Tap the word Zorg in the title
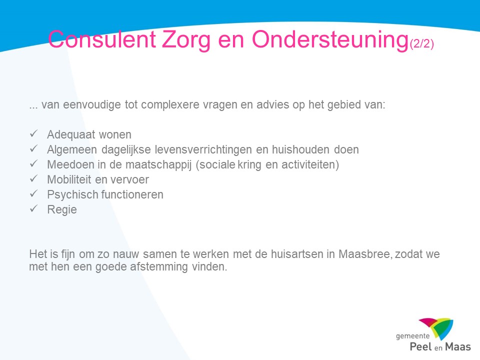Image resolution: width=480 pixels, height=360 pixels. (186, 40)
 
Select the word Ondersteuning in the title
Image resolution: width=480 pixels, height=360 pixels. (330, 40)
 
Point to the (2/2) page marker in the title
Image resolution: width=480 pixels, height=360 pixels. (422, 43)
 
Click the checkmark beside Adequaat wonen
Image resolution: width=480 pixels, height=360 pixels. (33, 133)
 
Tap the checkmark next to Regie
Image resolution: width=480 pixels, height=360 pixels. (33, 208)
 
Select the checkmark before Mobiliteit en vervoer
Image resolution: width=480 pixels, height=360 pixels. (33, 178)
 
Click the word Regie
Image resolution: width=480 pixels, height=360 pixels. (62, 209)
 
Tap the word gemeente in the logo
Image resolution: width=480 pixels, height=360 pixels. (412, 336)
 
